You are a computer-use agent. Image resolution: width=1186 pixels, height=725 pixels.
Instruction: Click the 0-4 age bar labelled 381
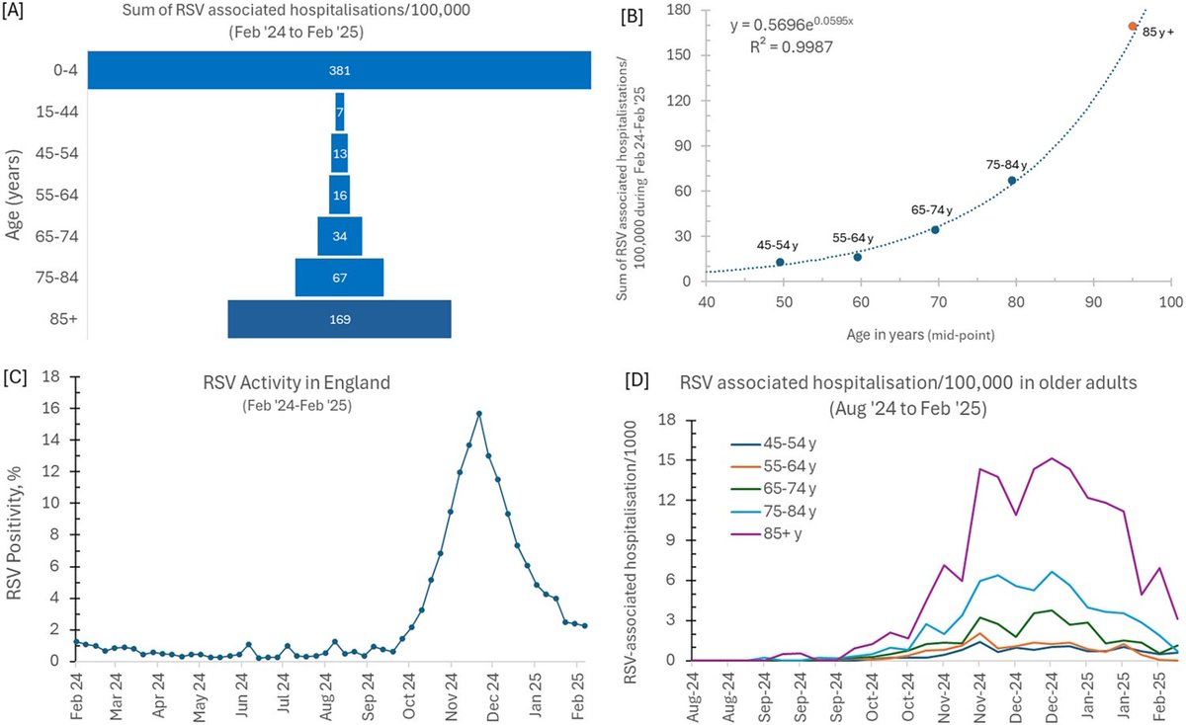click(x=339, y=71)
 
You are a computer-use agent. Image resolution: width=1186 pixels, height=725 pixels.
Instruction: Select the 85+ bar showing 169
click(x=339, y=319)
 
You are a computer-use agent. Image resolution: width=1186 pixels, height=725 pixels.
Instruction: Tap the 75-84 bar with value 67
click(x=339, y=278)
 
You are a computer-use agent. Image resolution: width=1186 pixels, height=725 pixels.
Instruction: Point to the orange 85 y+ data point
click(x=1133, y=26)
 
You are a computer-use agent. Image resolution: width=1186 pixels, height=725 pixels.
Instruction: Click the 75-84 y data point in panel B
click(x=1012, y=181)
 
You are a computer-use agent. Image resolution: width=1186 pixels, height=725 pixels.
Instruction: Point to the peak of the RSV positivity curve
click(x=479, y=414)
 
